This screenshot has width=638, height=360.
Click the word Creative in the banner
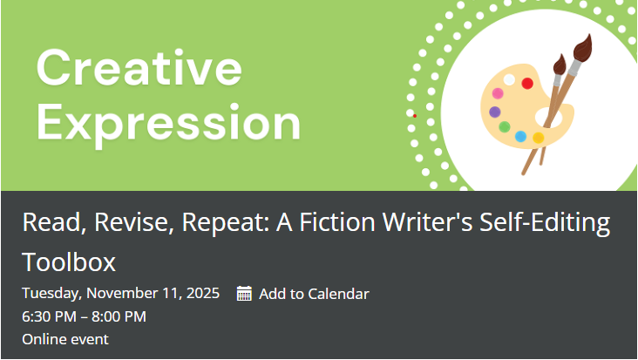coord(139,68)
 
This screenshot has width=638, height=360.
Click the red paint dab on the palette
coord(527,84)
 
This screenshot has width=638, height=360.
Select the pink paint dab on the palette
coord(498,93)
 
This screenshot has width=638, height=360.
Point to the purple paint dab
coord(495,112)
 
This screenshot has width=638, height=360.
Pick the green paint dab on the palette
coord(504,127)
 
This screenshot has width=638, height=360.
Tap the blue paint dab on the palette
coord(520,136)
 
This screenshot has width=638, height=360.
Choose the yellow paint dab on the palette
coord(539,138)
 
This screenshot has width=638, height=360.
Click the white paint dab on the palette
coord(509,80)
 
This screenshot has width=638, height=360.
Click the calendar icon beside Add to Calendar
coord(244,294)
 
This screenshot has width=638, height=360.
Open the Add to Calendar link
coord(314,294)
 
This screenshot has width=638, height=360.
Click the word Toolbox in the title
coord(69,262)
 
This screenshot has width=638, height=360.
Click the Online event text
coord(65,339)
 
